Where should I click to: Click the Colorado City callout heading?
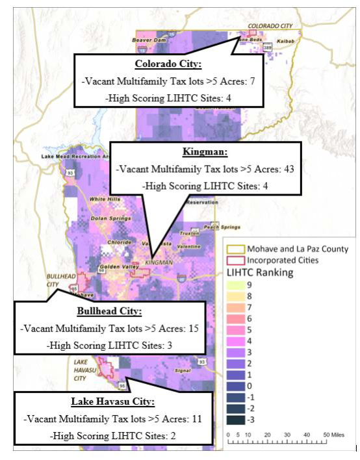click(169, 65)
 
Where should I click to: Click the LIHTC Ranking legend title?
click(261, 273)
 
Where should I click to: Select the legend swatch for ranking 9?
click(233, 285)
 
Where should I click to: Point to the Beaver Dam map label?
click(146, 40)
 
